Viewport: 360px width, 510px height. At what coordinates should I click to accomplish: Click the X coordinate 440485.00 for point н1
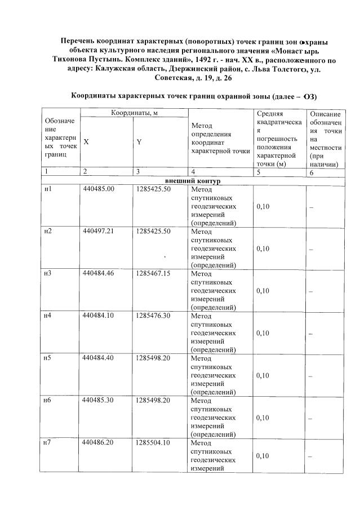tap(98, 189)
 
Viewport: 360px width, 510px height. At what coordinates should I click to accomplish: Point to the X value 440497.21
tap(98, 231)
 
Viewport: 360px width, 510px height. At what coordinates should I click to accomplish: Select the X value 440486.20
tap(98, 443)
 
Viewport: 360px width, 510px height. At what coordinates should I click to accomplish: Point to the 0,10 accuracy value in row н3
tap(263, 291)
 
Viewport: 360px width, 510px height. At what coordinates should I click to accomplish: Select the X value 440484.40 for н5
tap(98, 358)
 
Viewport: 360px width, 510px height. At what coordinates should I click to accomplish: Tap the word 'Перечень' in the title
tap(81, 41)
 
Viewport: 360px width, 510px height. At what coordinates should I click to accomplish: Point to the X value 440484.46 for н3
tap(98, 273)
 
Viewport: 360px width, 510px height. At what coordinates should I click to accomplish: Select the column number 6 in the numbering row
tap(312, 172)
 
